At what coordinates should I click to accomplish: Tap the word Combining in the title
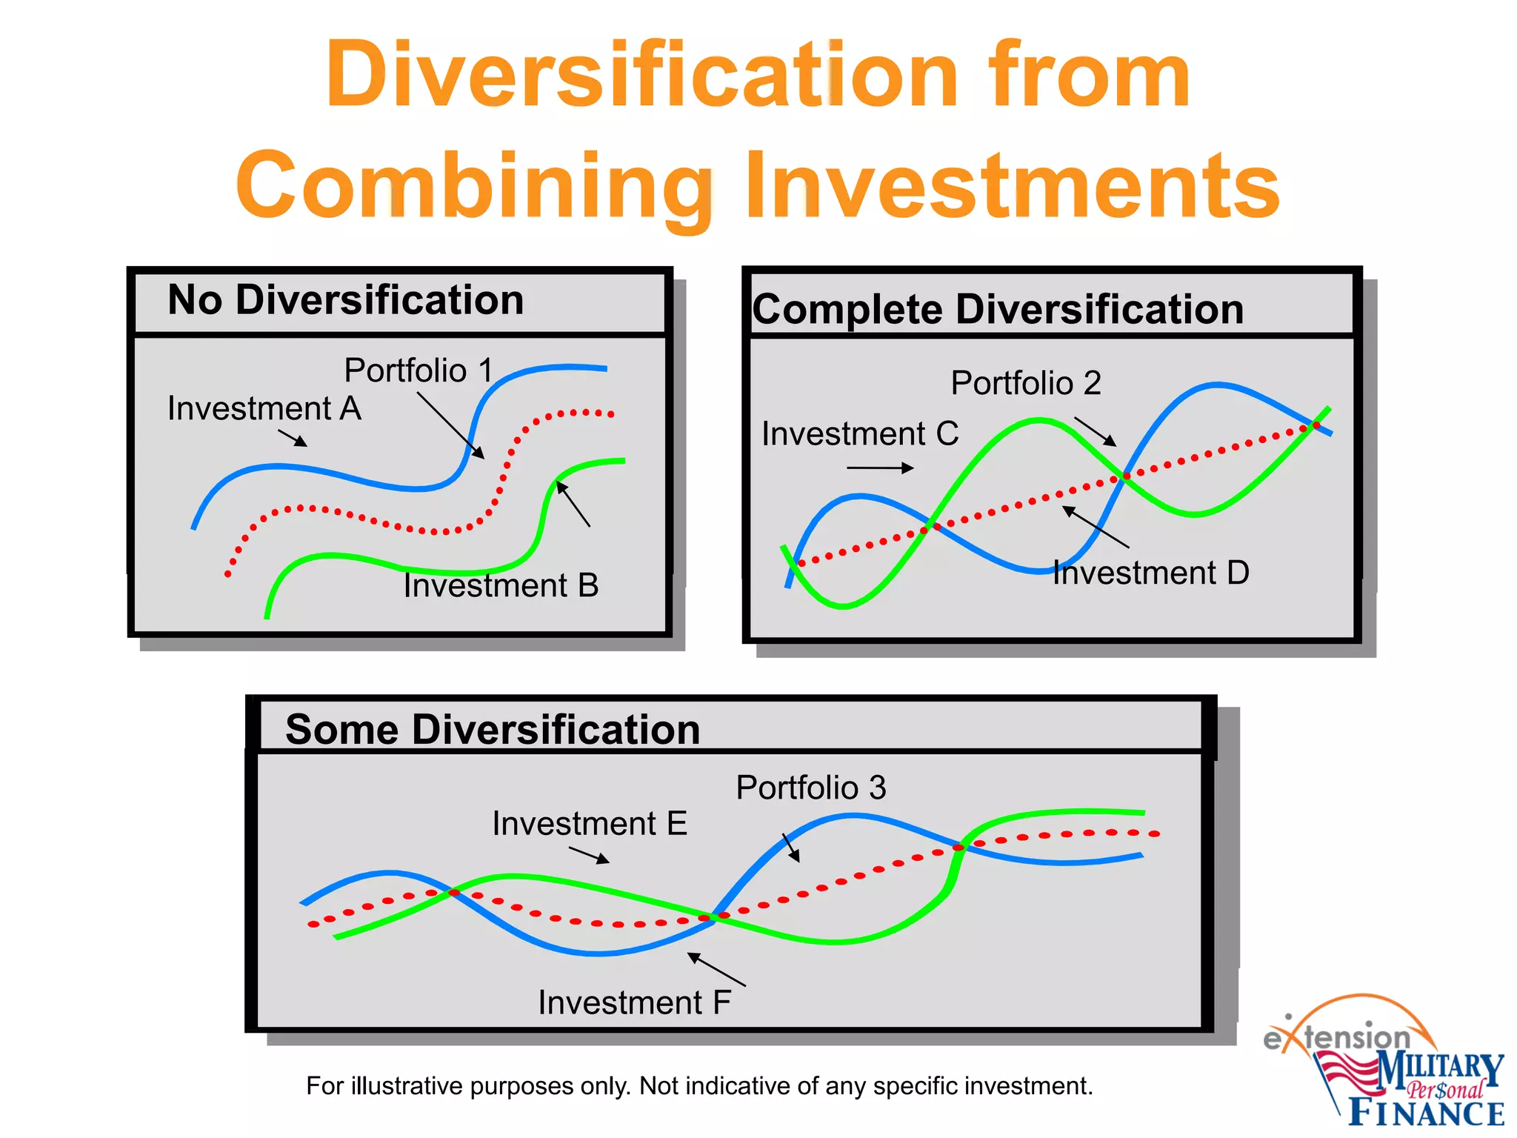474,185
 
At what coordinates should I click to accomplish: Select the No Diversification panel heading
346,300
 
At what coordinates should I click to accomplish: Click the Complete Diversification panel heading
998,310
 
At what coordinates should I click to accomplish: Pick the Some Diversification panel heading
493,730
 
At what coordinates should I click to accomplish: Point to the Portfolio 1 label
419,370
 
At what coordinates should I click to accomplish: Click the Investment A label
264,409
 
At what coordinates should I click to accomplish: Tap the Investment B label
501,586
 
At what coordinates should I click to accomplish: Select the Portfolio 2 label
1026,384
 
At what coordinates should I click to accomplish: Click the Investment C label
860,434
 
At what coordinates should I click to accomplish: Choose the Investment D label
1151,573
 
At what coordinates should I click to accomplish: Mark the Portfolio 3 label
811,788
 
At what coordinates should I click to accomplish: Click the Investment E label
590,824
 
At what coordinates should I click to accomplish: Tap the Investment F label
634,1003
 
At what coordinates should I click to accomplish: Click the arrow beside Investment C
880,467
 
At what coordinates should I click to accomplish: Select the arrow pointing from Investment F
716,970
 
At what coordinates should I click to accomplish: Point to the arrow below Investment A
293,439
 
